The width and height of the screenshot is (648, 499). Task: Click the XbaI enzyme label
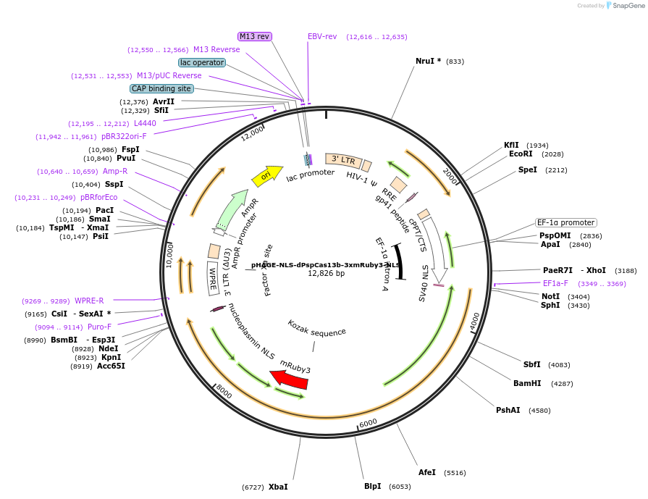click(278, 487)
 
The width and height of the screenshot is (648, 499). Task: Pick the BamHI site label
click(527, 383)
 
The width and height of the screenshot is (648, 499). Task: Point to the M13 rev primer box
click(254, 36)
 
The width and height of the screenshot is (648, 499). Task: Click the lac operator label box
click(202, 62)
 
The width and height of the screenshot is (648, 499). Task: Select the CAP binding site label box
click(161, 88)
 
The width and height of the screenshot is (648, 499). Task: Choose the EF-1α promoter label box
click(565, 222)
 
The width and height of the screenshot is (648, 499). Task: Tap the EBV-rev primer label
click(322, 36)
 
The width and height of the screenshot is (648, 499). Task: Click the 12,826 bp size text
click(326, 273)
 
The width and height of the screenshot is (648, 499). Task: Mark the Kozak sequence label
click(316, 328)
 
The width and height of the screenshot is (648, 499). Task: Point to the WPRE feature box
click(213, 277)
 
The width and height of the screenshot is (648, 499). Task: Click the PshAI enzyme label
click(508, 410)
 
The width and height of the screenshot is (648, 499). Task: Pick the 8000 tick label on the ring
click(224, 391)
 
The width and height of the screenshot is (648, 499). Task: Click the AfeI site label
click(427, 472)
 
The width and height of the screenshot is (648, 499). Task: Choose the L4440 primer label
click(145, 123)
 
